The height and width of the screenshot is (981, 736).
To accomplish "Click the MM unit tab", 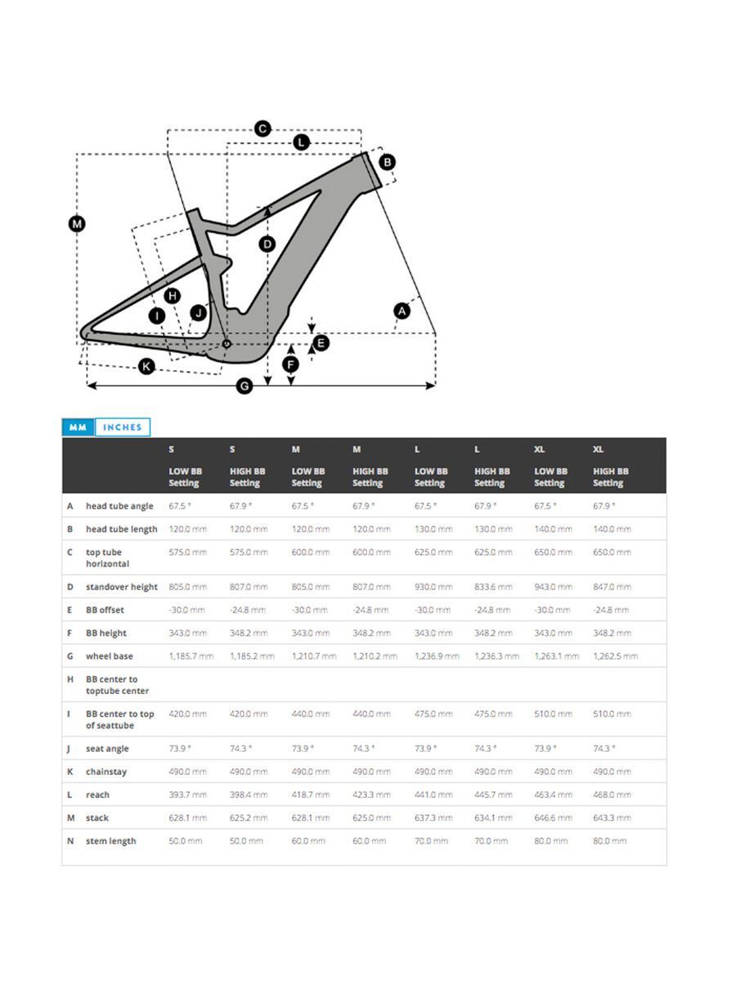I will point(79,428).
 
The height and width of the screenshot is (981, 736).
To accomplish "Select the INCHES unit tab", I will point(123,428).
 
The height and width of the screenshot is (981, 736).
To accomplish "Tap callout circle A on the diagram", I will point(402,310).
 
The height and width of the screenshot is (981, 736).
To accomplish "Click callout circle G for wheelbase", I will point(244,387).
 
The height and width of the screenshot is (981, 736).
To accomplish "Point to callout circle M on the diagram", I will point(77,224).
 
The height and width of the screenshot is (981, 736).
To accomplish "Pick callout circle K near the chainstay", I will point(146,366).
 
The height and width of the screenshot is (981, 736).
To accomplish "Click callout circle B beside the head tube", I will point(388,162).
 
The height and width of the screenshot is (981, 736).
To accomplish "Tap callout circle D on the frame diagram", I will point(267,244).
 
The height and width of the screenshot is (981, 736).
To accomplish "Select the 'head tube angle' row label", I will point(119,506).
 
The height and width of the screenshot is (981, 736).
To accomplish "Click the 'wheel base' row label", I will point(109,656).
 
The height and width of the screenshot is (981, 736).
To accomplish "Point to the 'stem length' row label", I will point(110,841).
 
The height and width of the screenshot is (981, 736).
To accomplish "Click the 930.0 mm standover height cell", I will point(433,587).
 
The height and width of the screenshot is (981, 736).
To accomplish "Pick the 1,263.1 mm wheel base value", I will point(556,656).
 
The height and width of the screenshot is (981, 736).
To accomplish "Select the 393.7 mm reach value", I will point(187,795).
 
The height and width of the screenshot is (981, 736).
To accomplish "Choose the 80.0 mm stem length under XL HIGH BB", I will point(610,841).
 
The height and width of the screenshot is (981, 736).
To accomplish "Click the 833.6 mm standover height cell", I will point(493,587).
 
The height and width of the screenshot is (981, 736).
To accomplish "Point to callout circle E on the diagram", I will point(321,343).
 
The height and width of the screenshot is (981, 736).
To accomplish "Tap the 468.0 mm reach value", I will point(612,795).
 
